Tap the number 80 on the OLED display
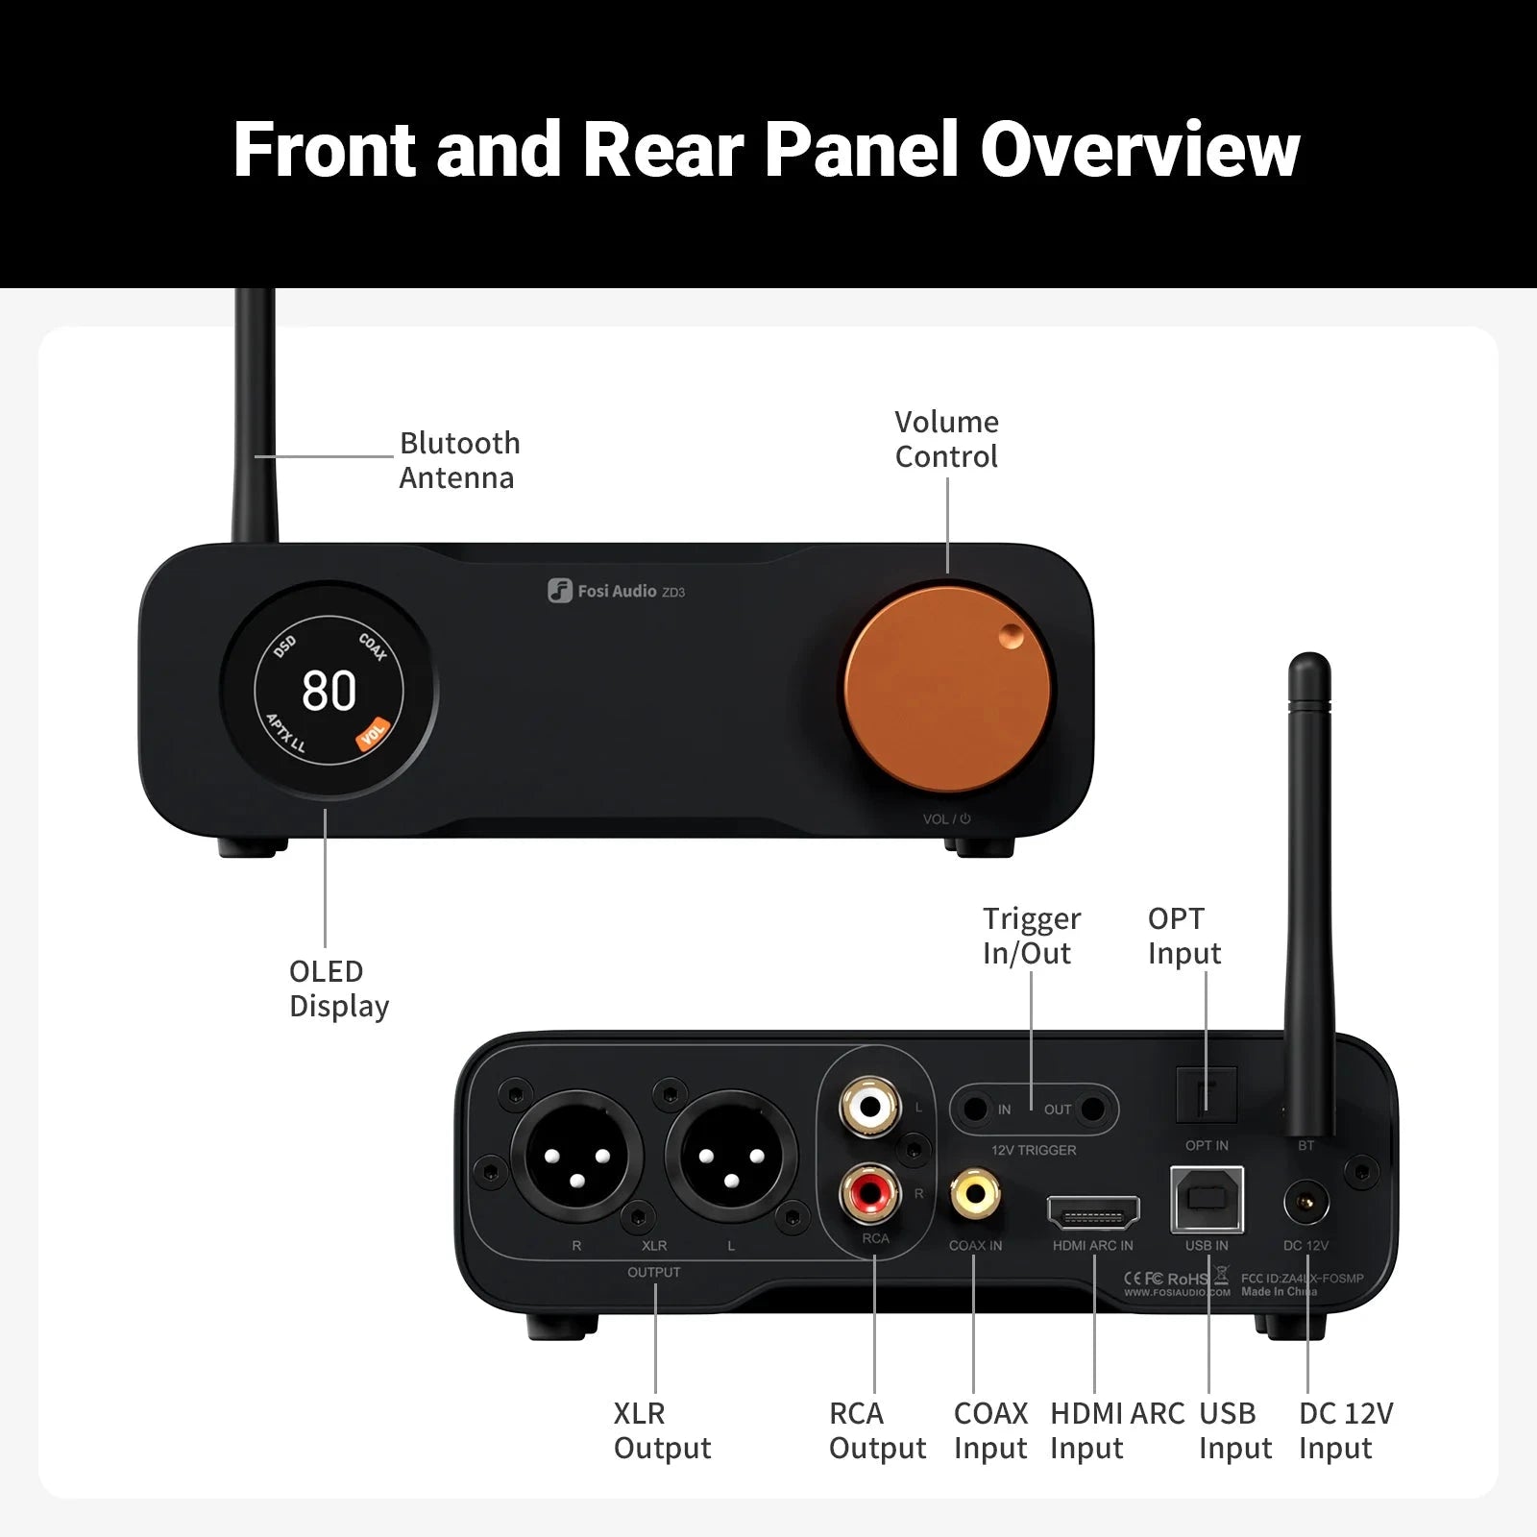[x=329, y=691]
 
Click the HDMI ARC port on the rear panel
[x=1093, y=1214]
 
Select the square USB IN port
[x=1207, y=1200]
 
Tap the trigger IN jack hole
[x=975, y=1110]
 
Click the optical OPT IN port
[x=1207, y=1095]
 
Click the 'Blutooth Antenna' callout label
[x=459, y=460]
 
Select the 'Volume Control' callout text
[x=946, y=439]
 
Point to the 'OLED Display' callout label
[x=338, y=988]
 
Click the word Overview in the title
[x=1139, y=150]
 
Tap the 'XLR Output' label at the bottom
[x=662, y=1430]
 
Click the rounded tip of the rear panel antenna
[x=1309, y=665]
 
